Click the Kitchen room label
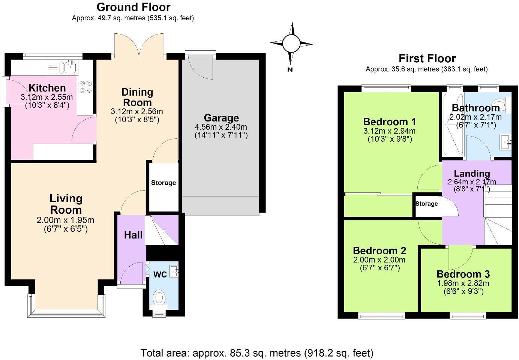tap(47, 88)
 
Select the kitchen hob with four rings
tap(85, 87)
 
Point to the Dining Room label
tap(137, 97)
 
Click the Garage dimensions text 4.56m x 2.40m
tap(221, 127)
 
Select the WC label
tap(160, 274)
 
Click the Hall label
tap(133, 235)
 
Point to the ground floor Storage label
tap(163, 183)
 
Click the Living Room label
tap(66, 204)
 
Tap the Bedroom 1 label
tap(390, 122)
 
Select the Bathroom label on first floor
tap(475, 108)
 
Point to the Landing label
tap(472, 174)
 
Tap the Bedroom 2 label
tap(379, 250)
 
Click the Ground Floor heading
tap(133, 7)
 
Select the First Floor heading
tap(427, 58)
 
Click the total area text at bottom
tap(257, 353)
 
